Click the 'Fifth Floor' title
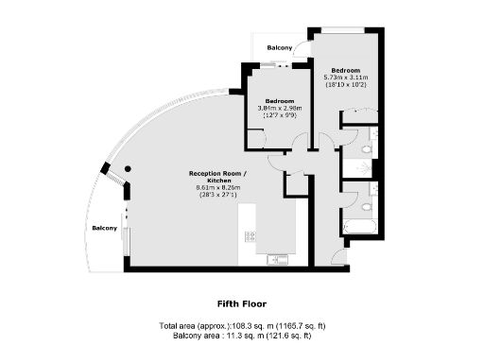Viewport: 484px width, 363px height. click(242, 304)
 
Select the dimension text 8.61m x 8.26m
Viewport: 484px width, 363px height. click(219, 187)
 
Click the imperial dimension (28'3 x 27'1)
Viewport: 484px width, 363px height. click(219, 194)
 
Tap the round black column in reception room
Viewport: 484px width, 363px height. click(127, 169)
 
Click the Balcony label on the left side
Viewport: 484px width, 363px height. click(104, 229)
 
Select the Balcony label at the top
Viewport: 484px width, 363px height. click(279, 46)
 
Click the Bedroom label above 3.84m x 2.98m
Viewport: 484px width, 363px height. click(280, 101)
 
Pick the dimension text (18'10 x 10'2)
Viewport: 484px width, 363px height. click(347, 84)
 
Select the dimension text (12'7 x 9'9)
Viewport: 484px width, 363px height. click(280, 115)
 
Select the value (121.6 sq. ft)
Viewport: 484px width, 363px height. click(289, 335)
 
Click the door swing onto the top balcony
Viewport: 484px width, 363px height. click(300, 53)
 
